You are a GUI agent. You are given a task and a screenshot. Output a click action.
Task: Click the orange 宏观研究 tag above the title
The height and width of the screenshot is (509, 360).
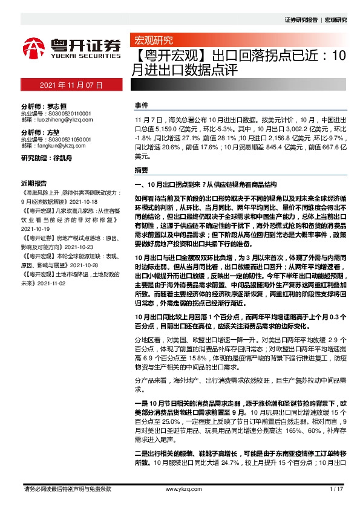(x=153, y=41)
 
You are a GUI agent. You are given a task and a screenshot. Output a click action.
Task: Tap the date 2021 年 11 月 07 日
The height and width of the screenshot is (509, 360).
(x=71, y=86)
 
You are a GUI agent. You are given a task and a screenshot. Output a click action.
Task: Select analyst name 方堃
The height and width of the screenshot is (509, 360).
(x=53, y=132)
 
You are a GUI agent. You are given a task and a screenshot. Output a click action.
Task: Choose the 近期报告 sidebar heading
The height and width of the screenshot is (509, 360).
(x=34, y=182)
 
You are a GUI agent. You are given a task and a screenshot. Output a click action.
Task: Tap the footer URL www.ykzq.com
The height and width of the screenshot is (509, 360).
(x=179, y=488)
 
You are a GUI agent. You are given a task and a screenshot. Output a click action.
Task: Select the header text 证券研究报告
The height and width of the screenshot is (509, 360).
(x=301, y=20)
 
